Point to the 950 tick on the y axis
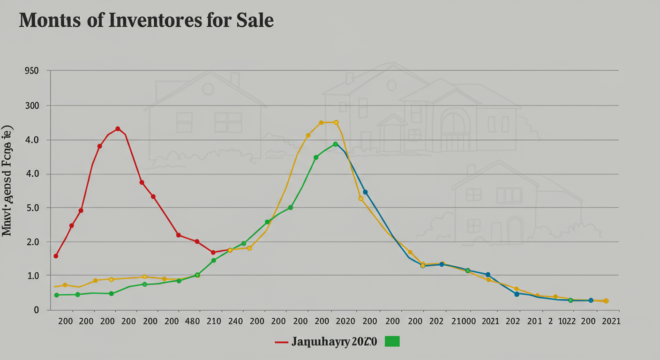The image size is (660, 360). [x=31, y=71]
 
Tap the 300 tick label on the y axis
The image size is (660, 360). [x=31, y=106]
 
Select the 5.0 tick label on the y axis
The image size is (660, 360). [x=31, y=208]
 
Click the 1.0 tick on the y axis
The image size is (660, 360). [x=31, y=276]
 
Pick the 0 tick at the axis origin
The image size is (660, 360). [x=36, y=310]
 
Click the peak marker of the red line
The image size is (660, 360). [x=118, y=129]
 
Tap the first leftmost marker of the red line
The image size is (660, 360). [x=56, y=256]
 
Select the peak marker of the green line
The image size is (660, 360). [x=335, y=144]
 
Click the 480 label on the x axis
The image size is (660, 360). [x=193, y=322]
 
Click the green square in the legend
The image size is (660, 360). [x=392, y=342]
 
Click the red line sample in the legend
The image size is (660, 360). [x=281, y=342]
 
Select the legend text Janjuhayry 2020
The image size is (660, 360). [x=334, y=342]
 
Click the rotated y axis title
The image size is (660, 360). [x=8, y=180]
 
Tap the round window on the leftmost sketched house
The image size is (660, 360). [x=208, y=89]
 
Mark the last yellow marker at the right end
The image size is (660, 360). [x=606, y=301]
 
